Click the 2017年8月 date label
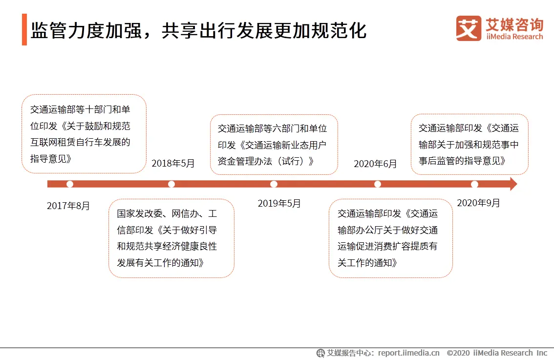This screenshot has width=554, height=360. [x=68, y=206]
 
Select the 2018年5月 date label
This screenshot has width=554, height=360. [x=173, y=163]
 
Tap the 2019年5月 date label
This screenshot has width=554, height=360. [x=279, y=204]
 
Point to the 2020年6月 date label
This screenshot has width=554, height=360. [x=375, y=164]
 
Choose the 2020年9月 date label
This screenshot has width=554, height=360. [x=478, y=203]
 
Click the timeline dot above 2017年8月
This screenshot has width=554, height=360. [x=69, y=184]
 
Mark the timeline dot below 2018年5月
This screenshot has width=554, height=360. [x=171, y=184]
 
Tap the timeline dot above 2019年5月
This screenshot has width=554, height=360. [x=274, y=184]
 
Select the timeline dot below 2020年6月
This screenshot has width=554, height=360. [x=377, y=184]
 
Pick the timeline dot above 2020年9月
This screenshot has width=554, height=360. [x=474, y=184]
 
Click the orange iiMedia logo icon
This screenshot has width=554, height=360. [x=469, y=28]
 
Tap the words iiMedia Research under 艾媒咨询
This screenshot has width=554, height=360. [x=514, y=37]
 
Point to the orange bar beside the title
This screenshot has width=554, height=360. [x=24, y=29]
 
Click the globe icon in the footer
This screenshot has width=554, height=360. [x=320, y=353]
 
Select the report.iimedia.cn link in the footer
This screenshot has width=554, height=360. [x=409, y=353]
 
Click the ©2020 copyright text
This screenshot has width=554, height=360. [x=458, y=353]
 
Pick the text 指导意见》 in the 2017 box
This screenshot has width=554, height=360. [x=51, y=159]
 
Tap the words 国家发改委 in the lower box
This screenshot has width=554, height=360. [x=140, y=214]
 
